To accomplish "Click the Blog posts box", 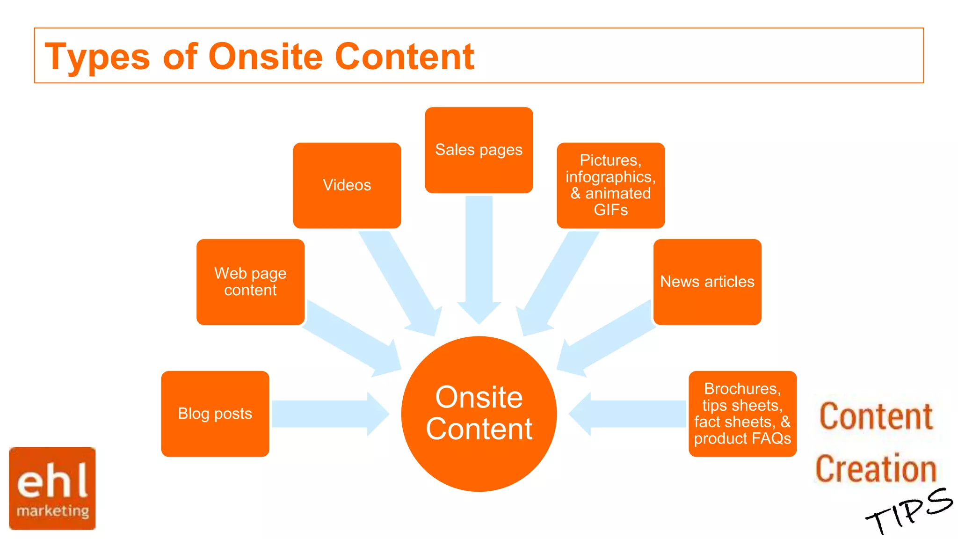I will pos(215,414).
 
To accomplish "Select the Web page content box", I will pos(250,282).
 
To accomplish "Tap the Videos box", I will pos(347,185).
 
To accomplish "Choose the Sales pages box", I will pos(479,150).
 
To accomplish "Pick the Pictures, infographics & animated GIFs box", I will pos(610,185).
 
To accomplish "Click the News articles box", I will pos(707,282).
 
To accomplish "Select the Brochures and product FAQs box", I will pos(742,414).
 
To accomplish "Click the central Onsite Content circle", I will pos(479,414).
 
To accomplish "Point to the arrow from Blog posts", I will pos(327,414).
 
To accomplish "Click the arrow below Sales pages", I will pos(479,257).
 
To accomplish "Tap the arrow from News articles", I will pos(608,337).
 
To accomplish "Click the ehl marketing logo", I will pos(52,488).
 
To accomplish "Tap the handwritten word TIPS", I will pos(907,510).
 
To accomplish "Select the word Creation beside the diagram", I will pos(876,469).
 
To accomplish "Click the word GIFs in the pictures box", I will pos(610,210).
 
